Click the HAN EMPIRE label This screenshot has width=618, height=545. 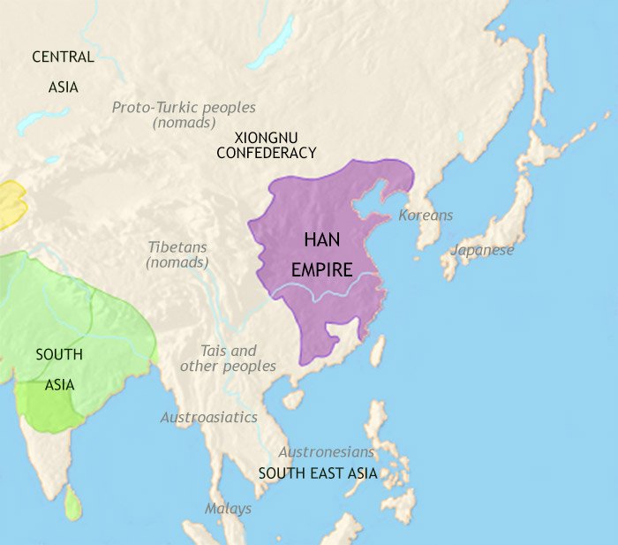point(328,254)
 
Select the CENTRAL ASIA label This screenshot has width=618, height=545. point(63,72)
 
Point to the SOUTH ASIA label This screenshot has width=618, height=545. point(59,369)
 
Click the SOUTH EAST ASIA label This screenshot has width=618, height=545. point(318,473)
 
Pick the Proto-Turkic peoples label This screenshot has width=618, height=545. point(184,115)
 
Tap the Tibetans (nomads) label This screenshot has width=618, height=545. point(177,254)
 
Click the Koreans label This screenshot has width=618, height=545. point(426,216)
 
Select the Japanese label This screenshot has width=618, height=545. point(482,250)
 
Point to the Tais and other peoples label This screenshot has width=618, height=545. point(228,359)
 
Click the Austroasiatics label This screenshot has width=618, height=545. point(208,417)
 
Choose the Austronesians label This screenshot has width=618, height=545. point(327,451)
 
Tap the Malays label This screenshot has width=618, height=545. point(228,509)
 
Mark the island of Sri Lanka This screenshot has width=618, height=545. point(75,504)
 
